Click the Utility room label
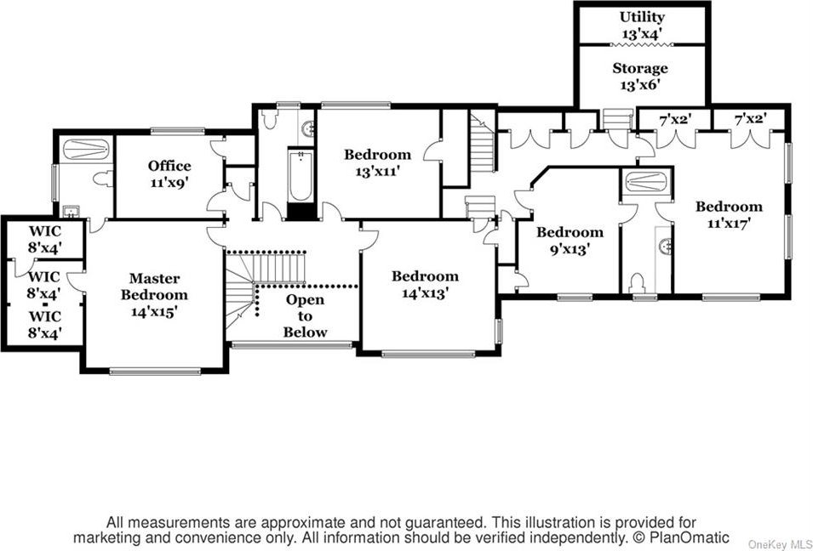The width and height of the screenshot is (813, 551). click(642, 25)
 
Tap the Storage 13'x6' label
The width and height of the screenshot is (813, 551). click(640, 77)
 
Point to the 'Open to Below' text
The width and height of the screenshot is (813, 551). click(306, 316)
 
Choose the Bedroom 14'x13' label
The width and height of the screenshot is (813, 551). click(425, 284)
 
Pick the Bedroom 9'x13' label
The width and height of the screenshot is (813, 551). click(570, 241)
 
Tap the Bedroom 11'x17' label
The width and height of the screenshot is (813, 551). click(729, 215)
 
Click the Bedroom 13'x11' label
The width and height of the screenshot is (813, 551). click(377, 162)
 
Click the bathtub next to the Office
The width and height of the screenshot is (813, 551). click(86, 150)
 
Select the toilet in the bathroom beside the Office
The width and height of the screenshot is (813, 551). click(103, 179)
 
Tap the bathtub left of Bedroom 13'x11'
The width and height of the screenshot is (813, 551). click(301, 175)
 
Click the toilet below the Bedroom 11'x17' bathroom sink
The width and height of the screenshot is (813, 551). click(637, 284)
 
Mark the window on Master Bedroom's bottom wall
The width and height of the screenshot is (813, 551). click(155, 371)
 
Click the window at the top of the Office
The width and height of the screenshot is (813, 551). click(178, 131)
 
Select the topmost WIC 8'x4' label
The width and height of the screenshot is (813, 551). click(45, 239)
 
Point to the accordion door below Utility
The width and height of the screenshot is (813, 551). click(642, 45)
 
